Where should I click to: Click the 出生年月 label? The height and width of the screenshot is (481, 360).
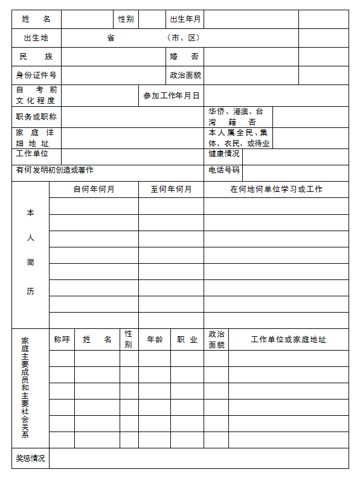tap(185, 19)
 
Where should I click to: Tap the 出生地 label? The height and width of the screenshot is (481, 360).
tap(36, 38)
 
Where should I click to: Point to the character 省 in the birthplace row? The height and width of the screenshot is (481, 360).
tap(111, 38)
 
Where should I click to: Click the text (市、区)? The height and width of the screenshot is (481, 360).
tap(184, 38)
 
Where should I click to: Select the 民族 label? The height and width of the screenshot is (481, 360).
tap(36, 57)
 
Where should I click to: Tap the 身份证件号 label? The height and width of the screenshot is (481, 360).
tap(36, 75)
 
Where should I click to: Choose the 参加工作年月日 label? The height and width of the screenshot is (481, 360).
tap(171, 96)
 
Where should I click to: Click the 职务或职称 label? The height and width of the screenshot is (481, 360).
tap(36, 117)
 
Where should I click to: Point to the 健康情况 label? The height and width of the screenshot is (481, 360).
tap(224, 154)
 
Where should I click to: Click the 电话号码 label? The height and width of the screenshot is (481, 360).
tap(224, 171)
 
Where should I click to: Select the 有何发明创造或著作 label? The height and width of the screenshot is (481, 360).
tap(55, 171)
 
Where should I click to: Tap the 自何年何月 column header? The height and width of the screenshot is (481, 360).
tap(94, 190)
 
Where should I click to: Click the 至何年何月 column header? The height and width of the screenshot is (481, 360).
tap(171, 190)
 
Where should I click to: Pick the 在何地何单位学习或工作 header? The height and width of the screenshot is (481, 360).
tap(276, 190)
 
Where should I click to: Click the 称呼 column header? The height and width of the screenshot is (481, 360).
tap(62, 340)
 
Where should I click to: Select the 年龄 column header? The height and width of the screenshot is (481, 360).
tap(155, 340)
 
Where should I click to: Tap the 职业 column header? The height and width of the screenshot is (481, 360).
tap(187, 340)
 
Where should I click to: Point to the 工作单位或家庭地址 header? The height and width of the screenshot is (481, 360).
tap(288, 340)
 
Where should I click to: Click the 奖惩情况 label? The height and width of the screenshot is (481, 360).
tap(30, 459)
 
